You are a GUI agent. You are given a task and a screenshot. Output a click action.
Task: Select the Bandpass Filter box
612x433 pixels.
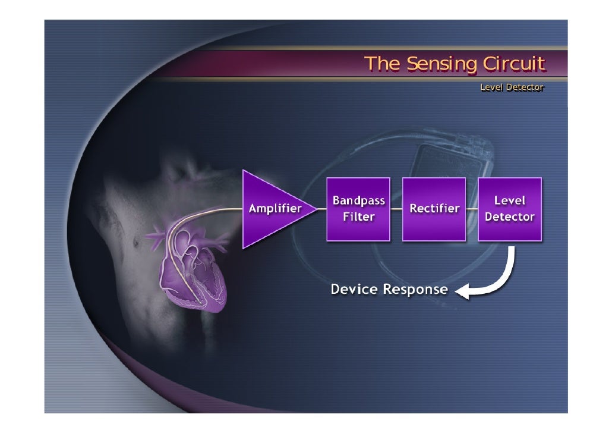click(358, 209)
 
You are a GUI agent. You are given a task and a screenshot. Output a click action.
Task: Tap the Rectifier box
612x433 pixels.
click(434, 209)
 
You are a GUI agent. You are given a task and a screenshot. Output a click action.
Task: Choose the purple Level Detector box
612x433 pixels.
click(510, 209)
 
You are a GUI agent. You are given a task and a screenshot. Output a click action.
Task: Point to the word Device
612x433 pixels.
click(354, 290)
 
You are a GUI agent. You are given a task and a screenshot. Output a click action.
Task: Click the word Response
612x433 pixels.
click(415, 290)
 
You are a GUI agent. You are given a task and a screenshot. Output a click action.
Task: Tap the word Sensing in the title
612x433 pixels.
click(440, 64)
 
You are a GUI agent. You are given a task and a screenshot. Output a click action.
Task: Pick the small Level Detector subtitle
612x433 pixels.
click(512, 87)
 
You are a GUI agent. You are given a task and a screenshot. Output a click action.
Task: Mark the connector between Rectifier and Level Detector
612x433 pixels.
click(472, 209)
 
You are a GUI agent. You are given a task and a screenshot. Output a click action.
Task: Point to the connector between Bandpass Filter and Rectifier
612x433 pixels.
click(396, 209)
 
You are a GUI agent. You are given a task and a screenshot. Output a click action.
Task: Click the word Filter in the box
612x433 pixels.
click(358, 216)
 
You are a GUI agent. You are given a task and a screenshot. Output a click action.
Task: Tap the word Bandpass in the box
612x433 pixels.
click(358, 201)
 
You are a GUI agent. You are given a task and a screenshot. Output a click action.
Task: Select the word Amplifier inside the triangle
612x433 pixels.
click(275, 209)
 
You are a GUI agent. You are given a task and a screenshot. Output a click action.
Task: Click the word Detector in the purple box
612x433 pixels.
click(510, 216)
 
